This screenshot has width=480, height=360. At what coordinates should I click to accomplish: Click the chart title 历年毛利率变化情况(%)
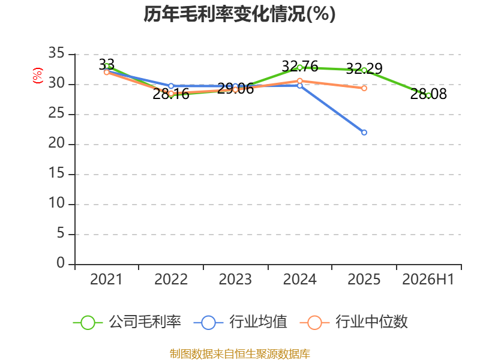coord(239,14)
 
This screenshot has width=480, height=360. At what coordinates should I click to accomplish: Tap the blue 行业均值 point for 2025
coord(364,133)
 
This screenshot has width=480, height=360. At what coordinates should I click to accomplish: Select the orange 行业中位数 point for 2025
coord(364,88)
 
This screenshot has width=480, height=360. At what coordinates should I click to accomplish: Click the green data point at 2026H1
coord(428,96)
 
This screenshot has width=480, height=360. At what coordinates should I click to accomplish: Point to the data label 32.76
coord(299,66)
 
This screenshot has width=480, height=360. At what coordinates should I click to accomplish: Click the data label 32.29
coord(364,68)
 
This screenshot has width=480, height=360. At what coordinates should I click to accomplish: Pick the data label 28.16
coord(171,94)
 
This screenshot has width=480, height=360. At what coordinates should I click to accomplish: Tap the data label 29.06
coord(235,88)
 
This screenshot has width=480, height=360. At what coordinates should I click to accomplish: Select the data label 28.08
coord(428,94)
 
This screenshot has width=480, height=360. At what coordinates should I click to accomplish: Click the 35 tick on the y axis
coord(56,53)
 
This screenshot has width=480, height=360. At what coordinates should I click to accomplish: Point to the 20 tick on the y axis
coord(56,143)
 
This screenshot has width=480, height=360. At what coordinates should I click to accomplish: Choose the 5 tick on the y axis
coord(61,233)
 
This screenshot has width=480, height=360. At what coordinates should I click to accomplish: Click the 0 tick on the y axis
coord(61,263)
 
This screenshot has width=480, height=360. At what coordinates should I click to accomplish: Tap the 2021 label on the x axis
coord(106,279)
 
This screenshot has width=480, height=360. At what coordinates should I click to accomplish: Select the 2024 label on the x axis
coord(299,279)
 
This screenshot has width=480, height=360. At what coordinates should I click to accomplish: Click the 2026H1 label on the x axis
coord(428,279)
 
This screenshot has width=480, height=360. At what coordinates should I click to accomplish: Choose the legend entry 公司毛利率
coord(127,322)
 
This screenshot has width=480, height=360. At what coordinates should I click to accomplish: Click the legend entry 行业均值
coord(241,322)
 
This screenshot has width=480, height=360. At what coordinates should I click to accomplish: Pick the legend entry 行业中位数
coord(354,322)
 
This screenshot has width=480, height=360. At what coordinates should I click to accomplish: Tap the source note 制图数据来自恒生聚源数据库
coord(240,354)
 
